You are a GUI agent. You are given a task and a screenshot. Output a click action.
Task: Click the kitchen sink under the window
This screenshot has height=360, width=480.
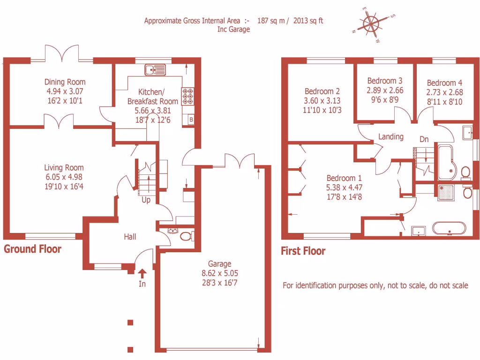155,70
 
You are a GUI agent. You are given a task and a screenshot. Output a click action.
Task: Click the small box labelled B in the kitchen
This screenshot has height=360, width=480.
191,120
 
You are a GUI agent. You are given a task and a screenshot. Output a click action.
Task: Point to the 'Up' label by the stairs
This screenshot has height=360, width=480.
146,200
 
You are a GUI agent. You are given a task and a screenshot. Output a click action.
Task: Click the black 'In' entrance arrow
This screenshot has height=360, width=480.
142,272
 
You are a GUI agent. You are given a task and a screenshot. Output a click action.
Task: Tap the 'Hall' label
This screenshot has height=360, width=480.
130,237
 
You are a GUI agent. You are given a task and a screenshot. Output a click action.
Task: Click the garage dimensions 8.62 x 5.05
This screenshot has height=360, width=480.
220,273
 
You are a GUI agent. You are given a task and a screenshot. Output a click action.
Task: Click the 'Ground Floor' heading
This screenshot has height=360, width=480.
32,249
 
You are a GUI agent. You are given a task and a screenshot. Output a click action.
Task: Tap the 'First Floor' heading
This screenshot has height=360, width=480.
303,251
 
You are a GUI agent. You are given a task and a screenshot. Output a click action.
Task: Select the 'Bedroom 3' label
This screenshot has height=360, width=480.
384,81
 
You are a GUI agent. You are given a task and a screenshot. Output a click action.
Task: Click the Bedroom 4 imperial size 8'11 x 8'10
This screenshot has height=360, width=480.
444,101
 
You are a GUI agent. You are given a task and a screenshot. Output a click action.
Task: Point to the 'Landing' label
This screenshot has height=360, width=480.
391,137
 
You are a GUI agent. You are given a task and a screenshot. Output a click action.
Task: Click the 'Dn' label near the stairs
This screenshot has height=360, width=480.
424,139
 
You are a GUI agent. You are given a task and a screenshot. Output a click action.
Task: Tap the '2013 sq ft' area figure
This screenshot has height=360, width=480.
308,21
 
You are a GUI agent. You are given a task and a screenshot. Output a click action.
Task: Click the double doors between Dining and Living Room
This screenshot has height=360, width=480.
59,122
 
